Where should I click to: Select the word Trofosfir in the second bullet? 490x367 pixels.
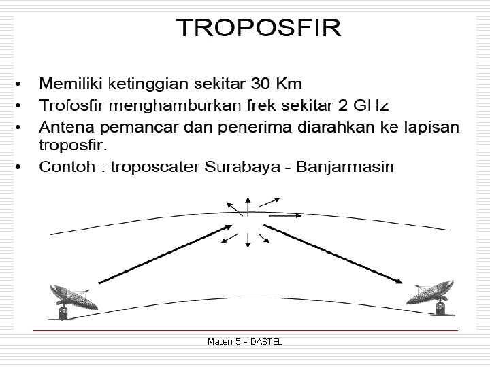pos(70,105)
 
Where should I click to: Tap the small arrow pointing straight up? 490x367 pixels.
pos(248,205)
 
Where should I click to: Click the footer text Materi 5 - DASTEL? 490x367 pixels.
pos(245,341)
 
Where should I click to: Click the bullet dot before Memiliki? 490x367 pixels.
pos(18,84)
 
